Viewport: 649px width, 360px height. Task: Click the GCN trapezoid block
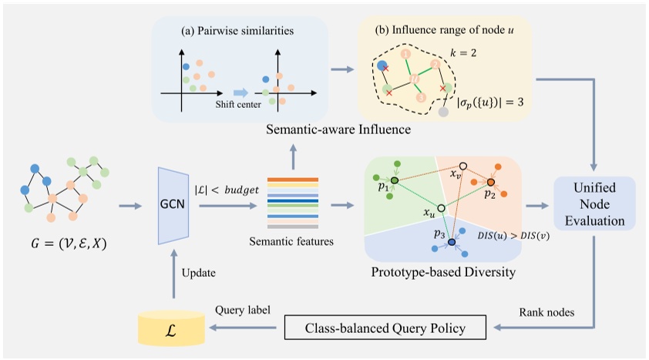click(x=175, y=205)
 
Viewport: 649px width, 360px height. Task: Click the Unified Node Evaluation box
click(x=594, y=204)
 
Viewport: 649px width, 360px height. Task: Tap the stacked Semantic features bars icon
click(x=292, y=204)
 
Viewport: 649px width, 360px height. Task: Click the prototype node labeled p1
click(x=394, y=181)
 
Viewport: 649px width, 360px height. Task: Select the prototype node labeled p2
click(x=489, y=183)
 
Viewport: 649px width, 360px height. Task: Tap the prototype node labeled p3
click(x=452, y=243)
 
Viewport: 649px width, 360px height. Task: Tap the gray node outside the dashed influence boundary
click(x=442, y=112)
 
